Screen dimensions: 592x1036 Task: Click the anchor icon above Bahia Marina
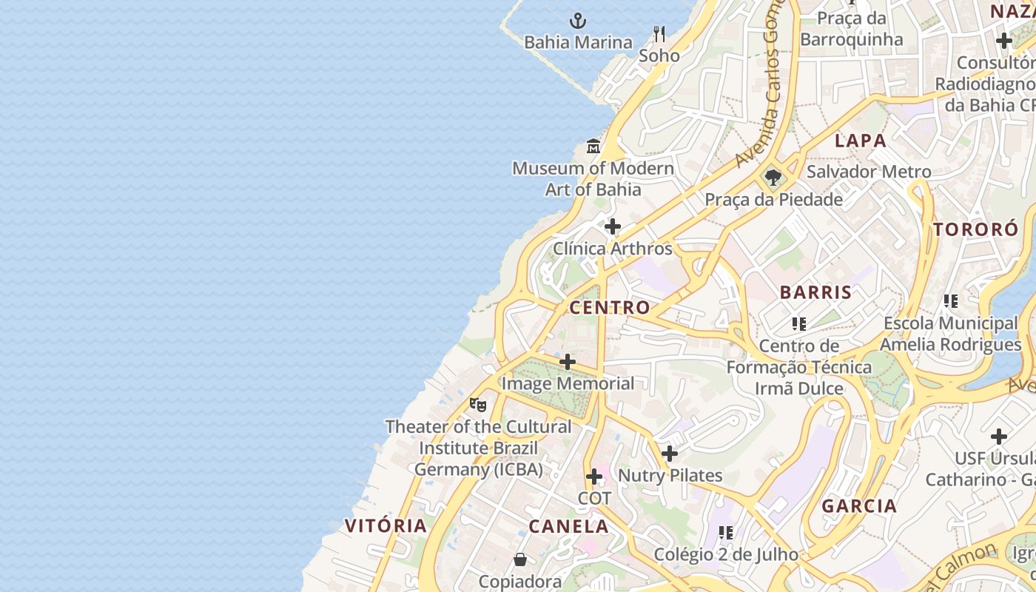point(577,21)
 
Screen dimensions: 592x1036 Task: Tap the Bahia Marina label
point(578,42)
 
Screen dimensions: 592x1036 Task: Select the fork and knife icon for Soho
point(659,33)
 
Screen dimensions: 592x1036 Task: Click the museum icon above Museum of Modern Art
point(593,146)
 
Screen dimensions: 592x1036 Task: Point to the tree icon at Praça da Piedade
point(773,178)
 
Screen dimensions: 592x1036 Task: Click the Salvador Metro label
point(869,172)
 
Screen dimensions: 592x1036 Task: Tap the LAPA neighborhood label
point(861,141)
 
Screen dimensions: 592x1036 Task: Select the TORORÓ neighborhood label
point(975,229)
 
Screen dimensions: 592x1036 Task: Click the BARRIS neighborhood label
point(815,292)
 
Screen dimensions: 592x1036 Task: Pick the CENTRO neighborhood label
point(610,307)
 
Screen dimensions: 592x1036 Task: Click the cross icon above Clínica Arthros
point(612,226)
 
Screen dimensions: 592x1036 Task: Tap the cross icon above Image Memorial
point(568,362)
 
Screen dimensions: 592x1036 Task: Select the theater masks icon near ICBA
point(478,405)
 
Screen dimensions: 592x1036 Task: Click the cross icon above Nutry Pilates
point(670,454)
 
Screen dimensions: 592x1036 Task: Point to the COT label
point(594,498)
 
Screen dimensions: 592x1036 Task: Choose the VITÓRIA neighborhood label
point(386,526)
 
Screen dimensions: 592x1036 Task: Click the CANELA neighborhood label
point(568,527)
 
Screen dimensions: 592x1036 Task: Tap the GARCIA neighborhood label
point(859,506)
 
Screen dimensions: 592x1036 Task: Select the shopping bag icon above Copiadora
point(520,559)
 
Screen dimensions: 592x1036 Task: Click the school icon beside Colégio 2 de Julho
point(726,533)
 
